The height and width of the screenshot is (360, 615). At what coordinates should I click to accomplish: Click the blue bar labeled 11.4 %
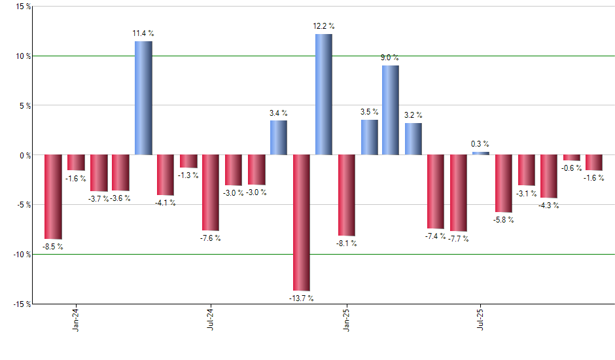click(143, 98)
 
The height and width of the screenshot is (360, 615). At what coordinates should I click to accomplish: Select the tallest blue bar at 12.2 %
click(323, 94)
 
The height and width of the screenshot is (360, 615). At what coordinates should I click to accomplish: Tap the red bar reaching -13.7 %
click(301, 223)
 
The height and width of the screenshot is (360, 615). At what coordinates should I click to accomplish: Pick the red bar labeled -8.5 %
click(53, 197)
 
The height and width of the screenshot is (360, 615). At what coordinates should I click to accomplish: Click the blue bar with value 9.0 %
click(391, 110)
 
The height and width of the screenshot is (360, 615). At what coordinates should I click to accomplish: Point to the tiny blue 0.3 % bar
click(481, 153)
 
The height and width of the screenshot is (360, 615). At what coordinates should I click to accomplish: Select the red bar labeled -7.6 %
click(211, 192)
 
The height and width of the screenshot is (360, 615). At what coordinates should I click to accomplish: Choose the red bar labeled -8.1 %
click(346, 195)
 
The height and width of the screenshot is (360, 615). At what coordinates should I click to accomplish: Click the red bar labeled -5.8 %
click(504, 183)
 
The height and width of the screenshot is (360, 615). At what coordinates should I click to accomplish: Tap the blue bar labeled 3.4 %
click(279, 137)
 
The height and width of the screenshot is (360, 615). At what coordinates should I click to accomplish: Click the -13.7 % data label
click(301, 298)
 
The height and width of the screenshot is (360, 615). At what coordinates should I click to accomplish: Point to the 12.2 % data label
click(323, 26)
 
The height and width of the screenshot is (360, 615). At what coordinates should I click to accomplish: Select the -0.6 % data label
click(571, 168)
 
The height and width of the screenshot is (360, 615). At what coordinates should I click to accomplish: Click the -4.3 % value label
click(548, 206)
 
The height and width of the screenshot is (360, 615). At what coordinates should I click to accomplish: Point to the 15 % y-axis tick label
click(22, 7)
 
